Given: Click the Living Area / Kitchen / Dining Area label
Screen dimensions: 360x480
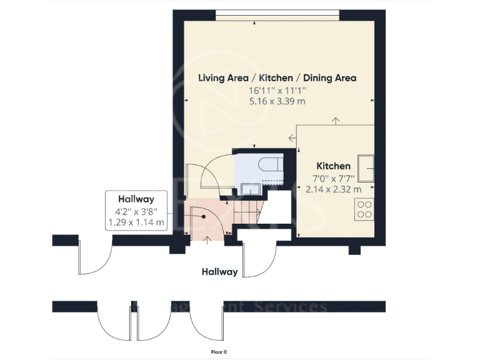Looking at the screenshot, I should click(277, 78).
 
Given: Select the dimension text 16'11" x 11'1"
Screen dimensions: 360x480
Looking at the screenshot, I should click(277, 91).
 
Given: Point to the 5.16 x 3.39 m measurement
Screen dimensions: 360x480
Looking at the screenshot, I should click(277, 101).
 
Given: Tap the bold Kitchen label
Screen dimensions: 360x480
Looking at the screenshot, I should click(333, 166).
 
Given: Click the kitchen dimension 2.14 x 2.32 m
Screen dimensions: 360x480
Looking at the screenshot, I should click(333, 189).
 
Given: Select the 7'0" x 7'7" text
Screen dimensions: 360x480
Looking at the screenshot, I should click(333, 177).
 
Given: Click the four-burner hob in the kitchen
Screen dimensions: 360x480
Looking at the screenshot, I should click(364, 209).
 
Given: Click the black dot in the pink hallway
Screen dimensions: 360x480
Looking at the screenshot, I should click(204, 216).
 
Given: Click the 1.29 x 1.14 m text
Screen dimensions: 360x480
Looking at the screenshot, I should click(136, 222).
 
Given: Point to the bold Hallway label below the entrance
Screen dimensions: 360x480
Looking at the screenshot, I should click(219, 272).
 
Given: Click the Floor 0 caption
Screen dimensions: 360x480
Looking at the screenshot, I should click(219, 352).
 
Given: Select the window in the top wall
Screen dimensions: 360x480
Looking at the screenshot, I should click(277, 13).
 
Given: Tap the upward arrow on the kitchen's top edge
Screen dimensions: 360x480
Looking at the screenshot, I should click(336, 120).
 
